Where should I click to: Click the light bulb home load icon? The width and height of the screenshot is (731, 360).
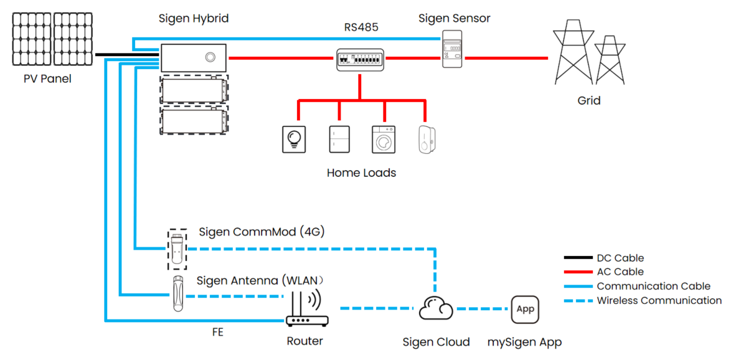pos(294,139)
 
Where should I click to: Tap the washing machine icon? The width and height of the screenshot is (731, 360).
pos(384,139)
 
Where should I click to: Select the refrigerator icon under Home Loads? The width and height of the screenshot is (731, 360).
pos(339,139)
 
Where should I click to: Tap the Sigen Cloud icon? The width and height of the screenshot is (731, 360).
pos(435,308)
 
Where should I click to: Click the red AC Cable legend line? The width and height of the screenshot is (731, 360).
pos(577,272)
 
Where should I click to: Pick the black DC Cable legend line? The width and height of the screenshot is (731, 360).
pos(577,257)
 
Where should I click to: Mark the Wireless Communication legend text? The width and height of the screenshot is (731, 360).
pos(659,300)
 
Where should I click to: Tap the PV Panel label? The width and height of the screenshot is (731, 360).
pos(47,79)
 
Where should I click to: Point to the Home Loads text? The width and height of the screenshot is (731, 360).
pos(361,173)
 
